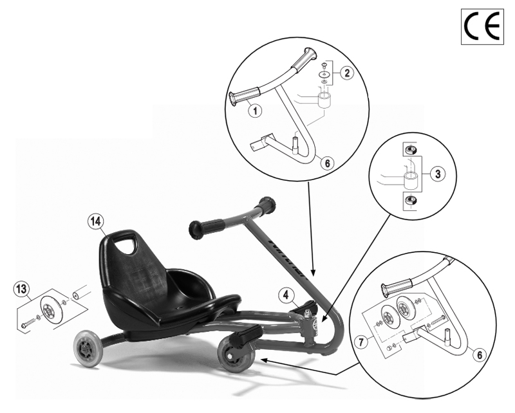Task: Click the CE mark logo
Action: tap(482, 26)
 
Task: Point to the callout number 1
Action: tap(256, 110)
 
